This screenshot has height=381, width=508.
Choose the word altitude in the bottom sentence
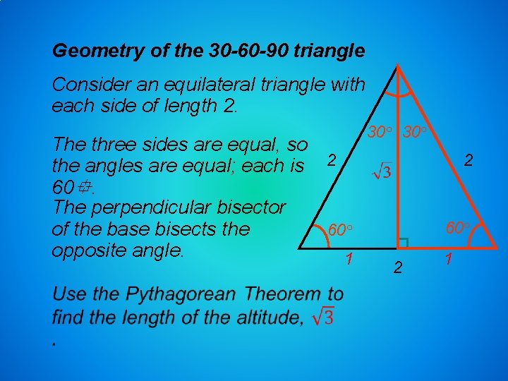coord(265,317)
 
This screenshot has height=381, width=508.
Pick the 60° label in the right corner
coord(456,228)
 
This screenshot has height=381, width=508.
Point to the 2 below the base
coord(397,267)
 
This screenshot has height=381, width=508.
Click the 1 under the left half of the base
coord(349,260)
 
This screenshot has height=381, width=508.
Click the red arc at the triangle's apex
coord(399,90)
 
